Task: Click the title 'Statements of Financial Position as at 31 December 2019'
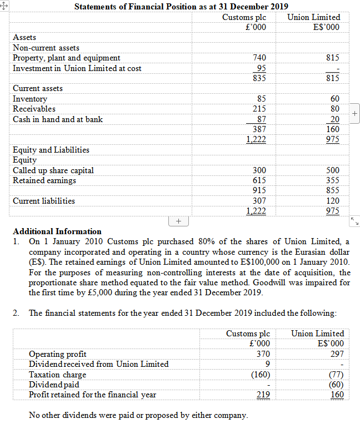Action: (181, 7)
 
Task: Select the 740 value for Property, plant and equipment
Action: (259, 58)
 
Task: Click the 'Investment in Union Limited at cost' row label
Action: (77, 68)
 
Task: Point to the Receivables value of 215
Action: (259, 109)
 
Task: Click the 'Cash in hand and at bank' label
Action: (58, 119)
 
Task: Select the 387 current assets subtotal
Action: (259, 129)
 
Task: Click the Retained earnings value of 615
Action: (259, 180)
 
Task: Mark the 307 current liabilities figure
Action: (259, 200)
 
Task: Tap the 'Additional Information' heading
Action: (57, 231)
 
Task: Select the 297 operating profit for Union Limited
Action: (337, 354)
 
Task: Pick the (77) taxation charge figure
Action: (336, 375)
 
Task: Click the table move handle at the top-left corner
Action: (4, 4)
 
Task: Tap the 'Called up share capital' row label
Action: (53, 170)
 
